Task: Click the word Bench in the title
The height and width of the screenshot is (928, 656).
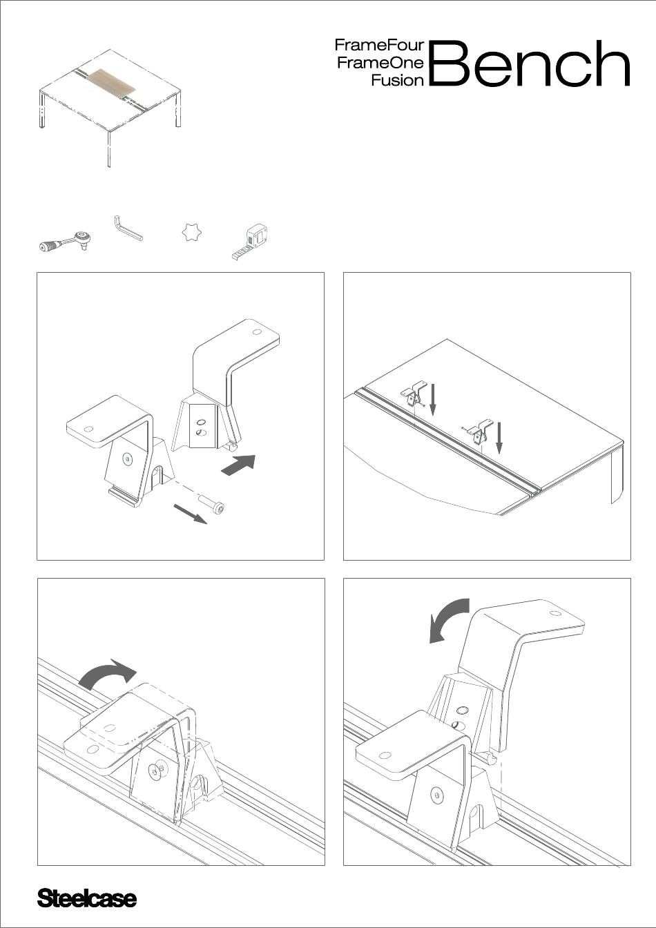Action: [x=529, y=63]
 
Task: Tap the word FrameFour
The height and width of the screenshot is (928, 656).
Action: [x=379, y=45]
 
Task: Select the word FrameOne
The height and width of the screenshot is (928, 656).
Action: [x=380, y=63]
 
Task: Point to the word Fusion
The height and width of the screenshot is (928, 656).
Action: [x=398, y=80]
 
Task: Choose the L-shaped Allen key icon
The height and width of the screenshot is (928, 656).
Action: [x=127, y=228]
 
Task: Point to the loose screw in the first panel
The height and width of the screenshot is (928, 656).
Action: [x=212, y=505]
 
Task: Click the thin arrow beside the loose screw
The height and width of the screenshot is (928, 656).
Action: [x=190, y=514]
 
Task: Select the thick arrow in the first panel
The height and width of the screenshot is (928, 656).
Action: [x=238, y=465]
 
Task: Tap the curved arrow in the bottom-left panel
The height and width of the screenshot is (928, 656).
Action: [x=107, y=673]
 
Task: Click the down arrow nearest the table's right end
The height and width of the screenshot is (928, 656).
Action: [x=499, y=438]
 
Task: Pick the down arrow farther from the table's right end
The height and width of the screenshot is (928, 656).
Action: [x=433, y=399]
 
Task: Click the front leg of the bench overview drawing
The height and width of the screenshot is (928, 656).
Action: [x=109, y=149]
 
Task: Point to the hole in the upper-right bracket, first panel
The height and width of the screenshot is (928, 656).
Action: [x=257, y=332]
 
